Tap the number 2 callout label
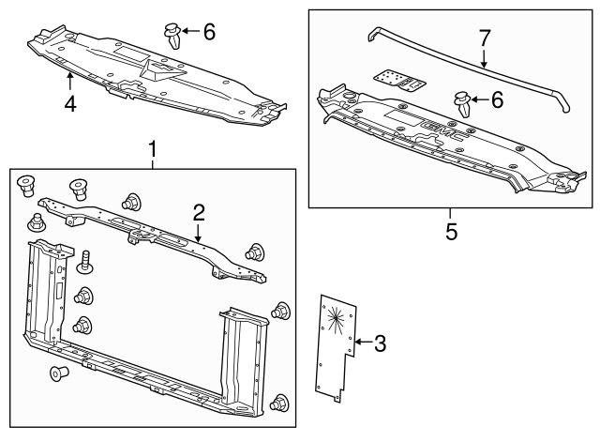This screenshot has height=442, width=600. pos(199,213)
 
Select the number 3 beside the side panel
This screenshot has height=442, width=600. pos(380,343)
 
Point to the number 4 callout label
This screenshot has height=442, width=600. pos(70,103)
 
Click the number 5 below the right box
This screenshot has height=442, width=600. pos(451,231)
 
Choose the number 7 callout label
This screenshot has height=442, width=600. pos(485,38)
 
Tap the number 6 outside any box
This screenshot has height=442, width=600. pos(209,32)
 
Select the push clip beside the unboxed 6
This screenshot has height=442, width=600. pos(174,35)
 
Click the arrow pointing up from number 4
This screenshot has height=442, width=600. pos(70,86)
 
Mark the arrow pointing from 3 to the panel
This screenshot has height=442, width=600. pos(364,343)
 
